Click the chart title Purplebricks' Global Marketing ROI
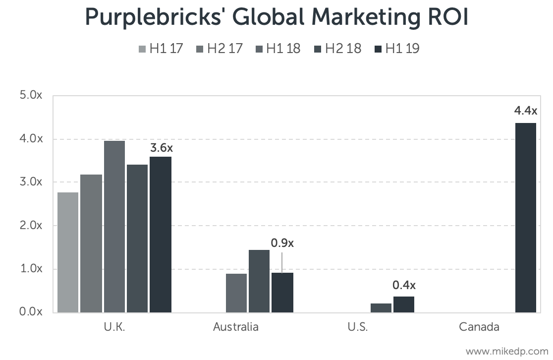tap(276, 17)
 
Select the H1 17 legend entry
tap(161, 49)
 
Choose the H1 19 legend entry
tap(397, 49)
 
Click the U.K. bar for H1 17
tap(68, 252)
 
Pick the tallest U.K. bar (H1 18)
tap(114, 226)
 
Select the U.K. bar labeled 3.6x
tap(161, 234)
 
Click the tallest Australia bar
tap(259, 281)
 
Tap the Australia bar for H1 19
tap(282, 293)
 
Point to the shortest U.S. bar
tap(381, 307)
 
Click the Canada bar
tap(526, 217)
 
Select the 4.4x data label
tap(526, 110)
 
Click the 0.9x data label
tap(282, 243)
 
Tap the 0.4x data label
tap(404, 285)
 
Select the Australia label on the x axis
tap(236, 327)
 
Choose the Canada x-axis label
tap(479, 327)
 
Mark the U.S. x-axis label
tap(358, 327)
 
